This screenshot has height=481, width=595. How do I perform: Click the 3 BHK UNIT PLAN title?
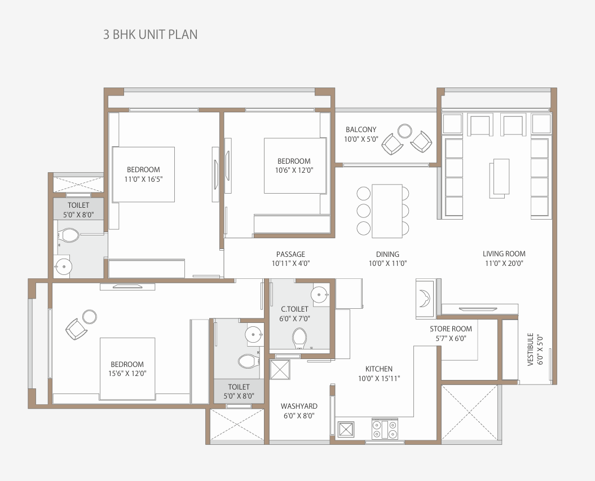pyautogui.click(x=150, y=34)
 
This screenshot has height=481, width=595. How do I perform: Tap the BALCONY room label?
pyautogui.click(x=361, y=129)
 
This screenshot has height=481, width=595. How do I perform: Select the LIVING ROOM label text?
pyautogui.click(x=504, y=254)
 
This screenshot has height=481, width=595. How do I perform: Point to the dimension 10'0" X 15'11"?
pyautogui.click(x=379, y=378)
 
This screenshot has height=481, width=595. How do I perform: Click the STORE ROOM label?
pyautogui.click(x=451, y=329)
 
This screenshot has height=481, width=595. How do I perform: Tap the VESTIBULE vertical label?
pyautogui.click(x=531, y=349)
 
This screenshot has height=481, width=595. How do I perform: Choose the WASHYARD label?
pyautogui.click(x=299, y=406)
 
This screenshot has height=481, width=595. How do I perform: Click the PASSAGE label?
pyautogui.click(x=290, y=254)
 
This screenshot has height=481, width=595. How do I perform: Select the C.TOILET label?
pyautogui.click(x=295, y=309)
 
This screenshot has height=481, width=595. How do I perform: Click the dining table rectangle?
pyautogui.click(x=387, y=211)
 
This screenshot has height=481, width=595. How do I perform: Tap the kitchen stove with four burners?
pyautogui.click(x=385, y=429)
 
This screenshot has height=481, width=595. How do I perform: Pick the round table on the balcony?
pyautogui.click(x=405, y=131)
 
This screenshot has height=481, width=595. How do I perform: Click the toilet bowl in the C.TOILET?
pyautogui.click(x=299, y=338)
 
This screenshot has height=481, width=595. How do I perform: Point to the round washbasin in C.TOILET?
pyautogui.click(x=320, y=294)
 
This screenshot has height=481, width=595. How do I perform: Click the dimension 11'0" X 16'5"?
pyautogui.click(x=143, y=180)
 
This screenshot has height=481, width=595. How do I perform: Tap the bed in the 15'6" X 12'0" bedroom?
pyautogui.click(x=127, y=369)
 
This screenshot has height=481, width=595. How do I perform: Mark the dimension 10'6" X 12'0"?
pyautogui.click(x=294, y=170)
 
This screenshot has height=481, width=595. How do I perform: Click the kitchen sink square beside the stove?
pyautogui.click(x=346, y=429)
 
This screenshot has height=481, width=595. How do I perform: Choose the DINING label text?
pyautogui.click(x=387, y=254)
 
